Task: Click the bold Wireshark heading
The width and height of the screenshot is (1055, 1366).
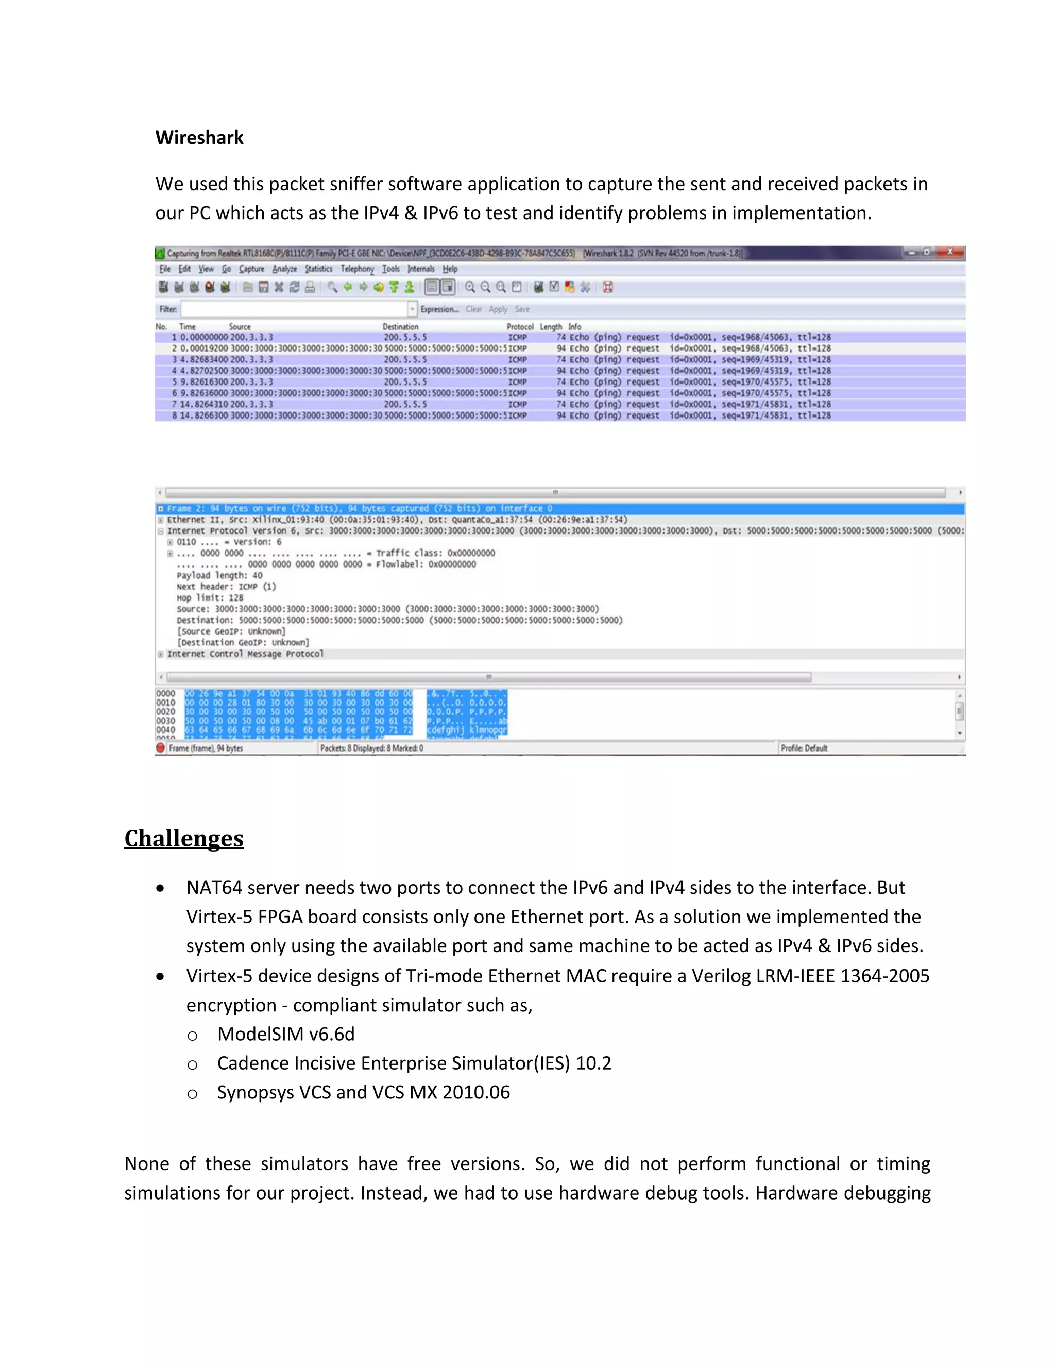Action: click(x=199, y=138)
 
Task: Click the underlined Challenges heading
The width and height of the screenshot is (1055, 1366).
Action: click(x=184, y=839)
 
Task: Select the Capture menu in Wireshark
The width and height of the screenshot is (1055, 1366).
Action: click(x=251, y=269)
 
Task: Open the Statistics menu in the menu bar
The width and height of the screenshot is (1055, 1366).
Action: click(x=318, y=269)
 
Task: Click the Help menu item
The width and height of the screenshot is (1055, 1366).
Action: click(x=450, y=269)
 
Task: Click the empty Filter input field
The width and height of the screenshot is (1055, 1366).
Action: click(x=294, y=309)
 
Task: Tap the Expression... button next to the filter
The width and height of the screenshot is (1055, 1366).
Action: click(x=439, y=309)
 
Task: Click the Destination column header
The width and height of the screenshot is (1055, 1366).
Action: click(x=400, y=326)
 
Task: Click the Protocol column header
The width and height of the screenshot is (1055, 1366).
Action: click(x=519, y=326)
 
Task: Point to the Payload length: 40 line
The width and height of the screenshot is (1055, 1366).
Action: click(x=219, y=575)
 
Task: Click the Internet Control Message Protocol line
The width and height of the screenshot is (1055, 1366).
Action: click(x=245, y=654)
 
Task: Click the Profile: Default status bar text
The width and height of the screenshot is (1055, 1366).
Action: click(x=804, y=748)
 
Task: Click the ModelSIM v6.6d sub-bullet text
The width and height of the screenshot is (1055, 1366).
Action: click(x=285, y=1035)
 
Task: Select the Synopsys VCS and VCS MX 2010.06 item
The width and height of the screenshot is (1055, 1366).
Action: click(x=363, y=1093)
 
